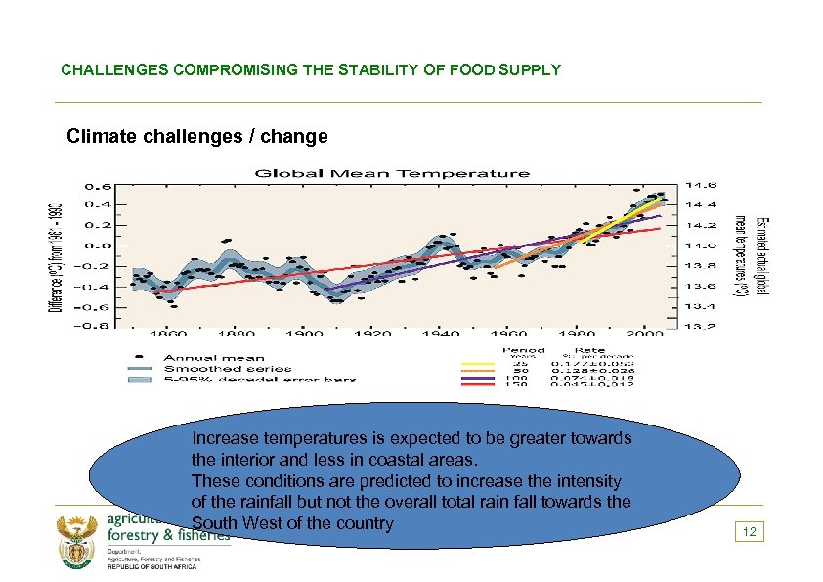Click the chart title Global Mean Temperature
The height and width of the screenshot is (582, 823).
392,173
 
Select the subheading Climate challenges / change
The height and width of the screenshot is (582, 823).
197,136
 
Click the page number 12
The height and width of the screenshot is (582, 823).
748,532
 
